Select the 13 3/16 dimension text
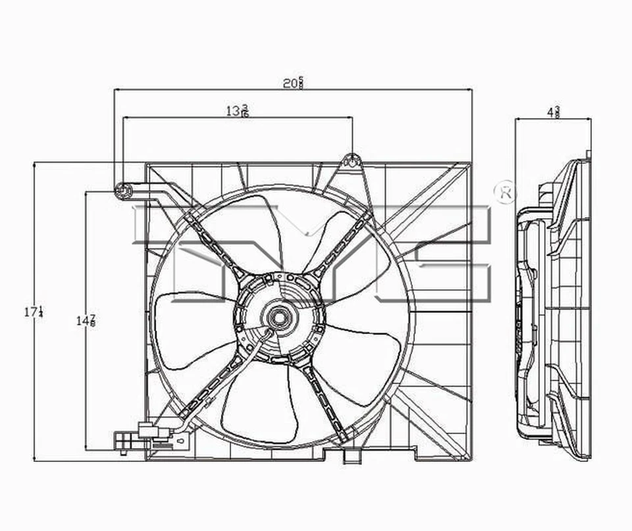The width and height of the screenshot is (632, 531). (237, 111)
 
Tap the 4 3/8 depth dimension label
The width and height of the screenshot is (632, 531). (553, 112)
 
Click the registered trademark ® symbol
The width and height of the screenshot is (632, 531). (505, 192)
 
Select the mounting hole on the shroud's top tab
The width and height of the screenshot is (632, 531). (352, 160)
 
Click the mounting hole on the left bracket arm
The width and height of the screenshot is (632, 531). (123, 191)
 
